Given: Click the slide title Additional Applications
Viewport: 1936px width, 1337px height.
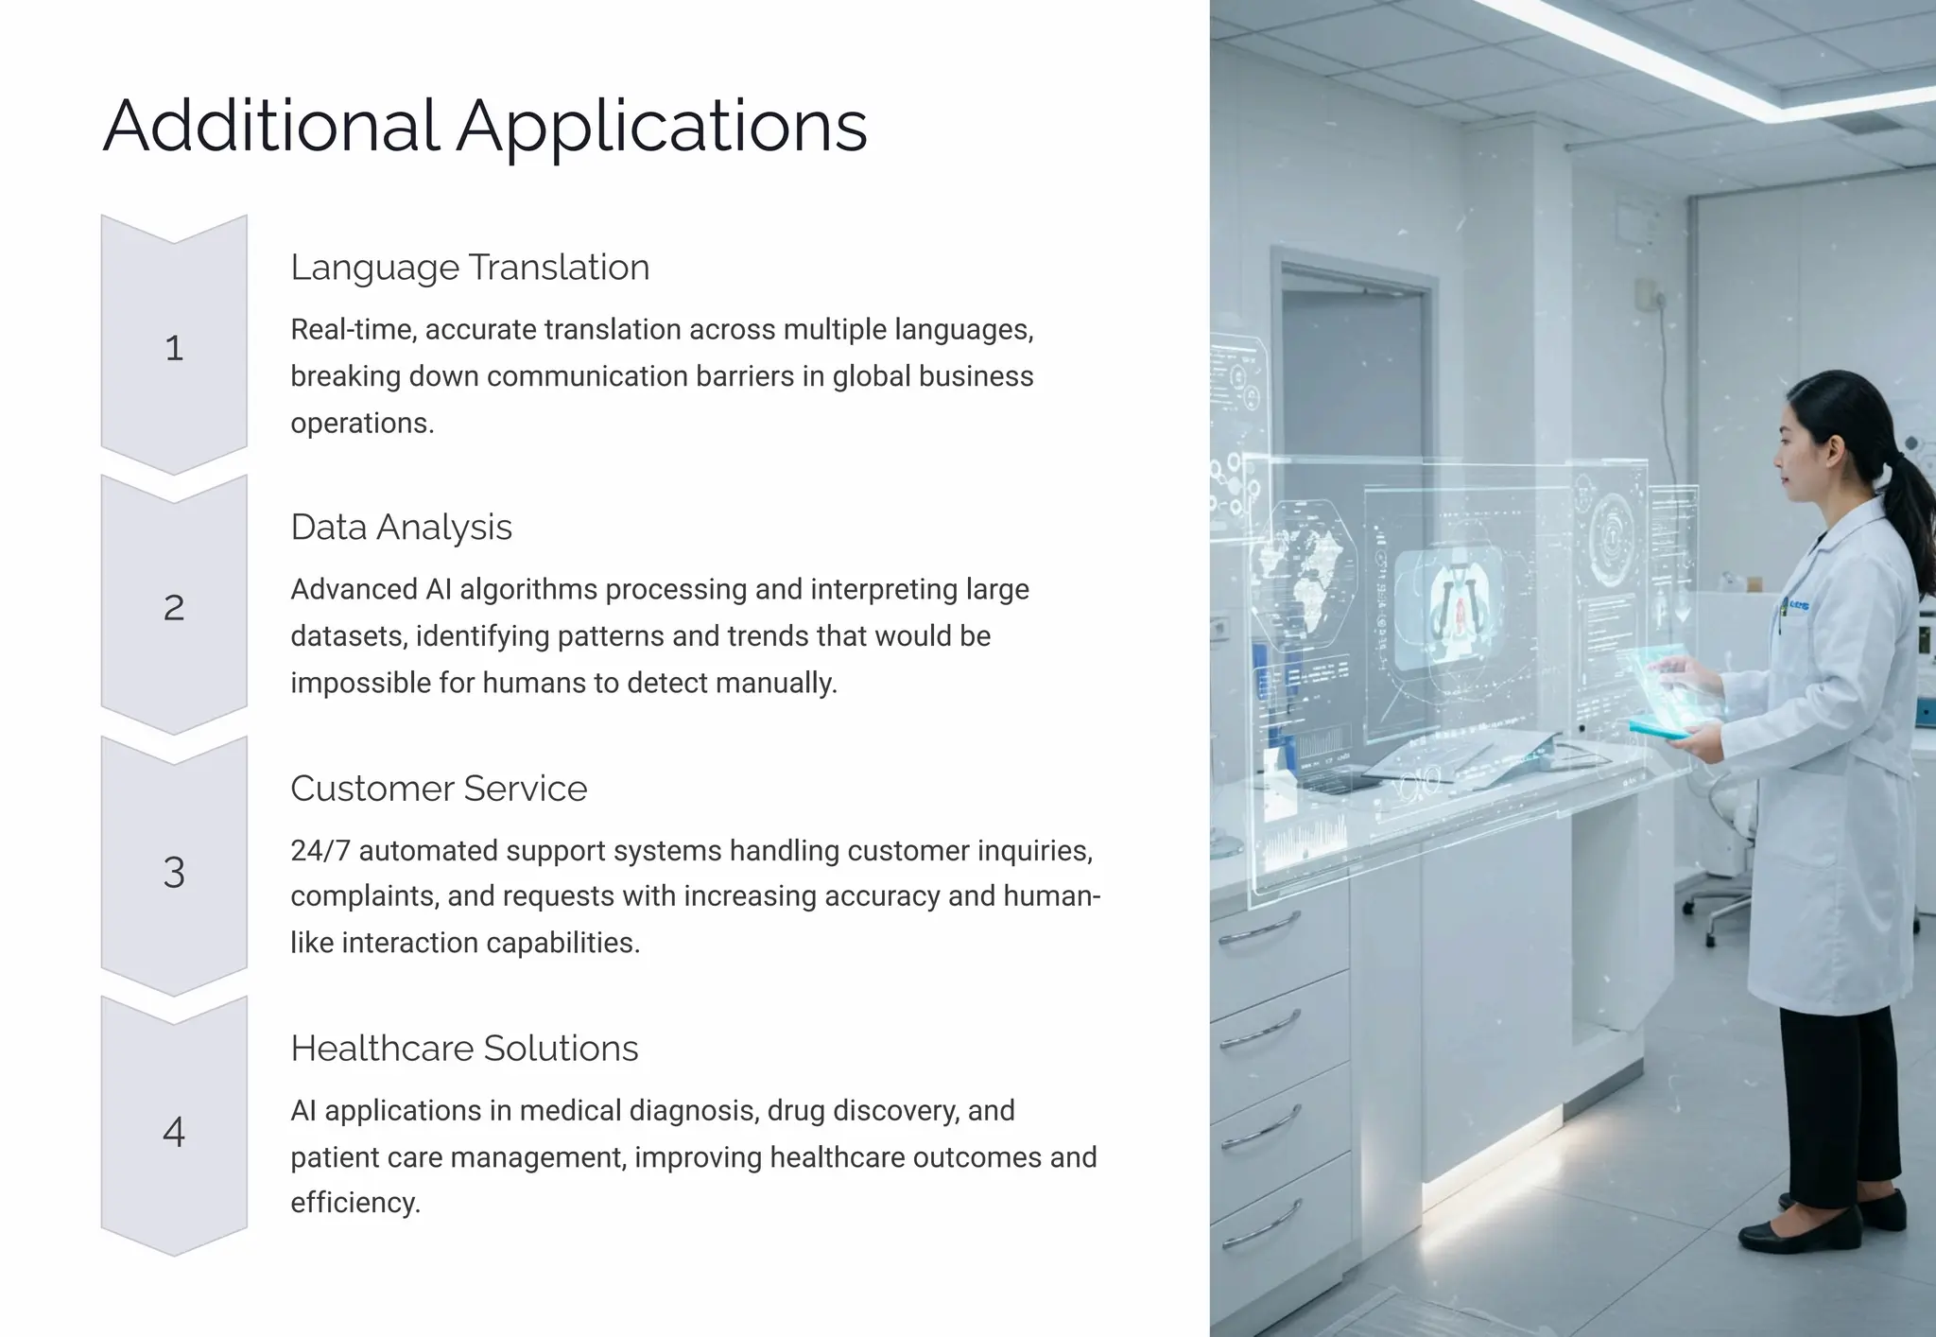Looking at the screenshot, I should click(484, 126).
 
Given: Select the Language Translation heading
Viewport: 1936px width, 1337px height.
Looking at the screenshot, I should click(470, 268).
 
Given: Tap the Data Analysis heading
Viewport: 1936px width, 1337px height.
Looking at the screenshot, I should click(401, 528).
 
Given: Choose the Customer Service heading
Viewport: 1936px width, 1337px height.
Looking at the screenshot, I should click(439, 789).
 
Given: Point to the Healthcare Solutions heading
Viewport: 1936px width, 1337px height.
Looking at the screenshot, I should click(464, 1049).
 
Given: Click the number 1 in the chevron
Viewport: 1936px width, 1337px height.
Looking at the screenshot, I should click(174, 348).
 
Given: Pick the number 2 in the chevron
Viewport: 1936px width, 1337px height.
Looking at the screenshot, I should click(174, 608).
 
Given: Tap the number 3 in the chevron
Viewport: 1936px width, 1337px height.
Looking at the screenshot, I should click(174, 872).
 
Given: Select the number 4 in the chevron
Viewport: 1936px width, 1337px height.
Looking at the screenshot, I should click(174, 1132).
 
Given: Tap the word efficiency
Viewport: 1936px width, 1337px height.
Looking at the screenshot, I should click(354, 1203).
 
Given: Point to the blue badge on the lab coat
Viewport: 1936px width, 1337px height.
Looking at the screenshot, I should click(1797, 605).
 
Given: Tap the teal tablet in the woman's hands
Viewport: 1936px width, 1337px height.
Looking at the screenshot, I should click(1660, 728).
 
